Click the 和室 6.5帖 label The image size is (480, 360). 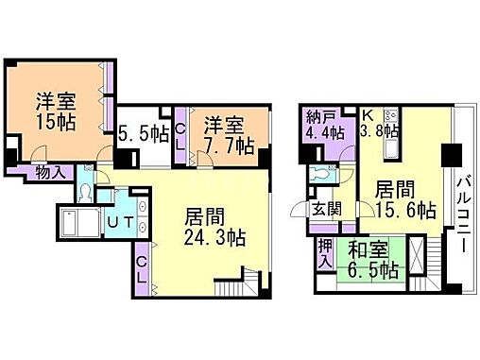[x=371, y=260]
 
